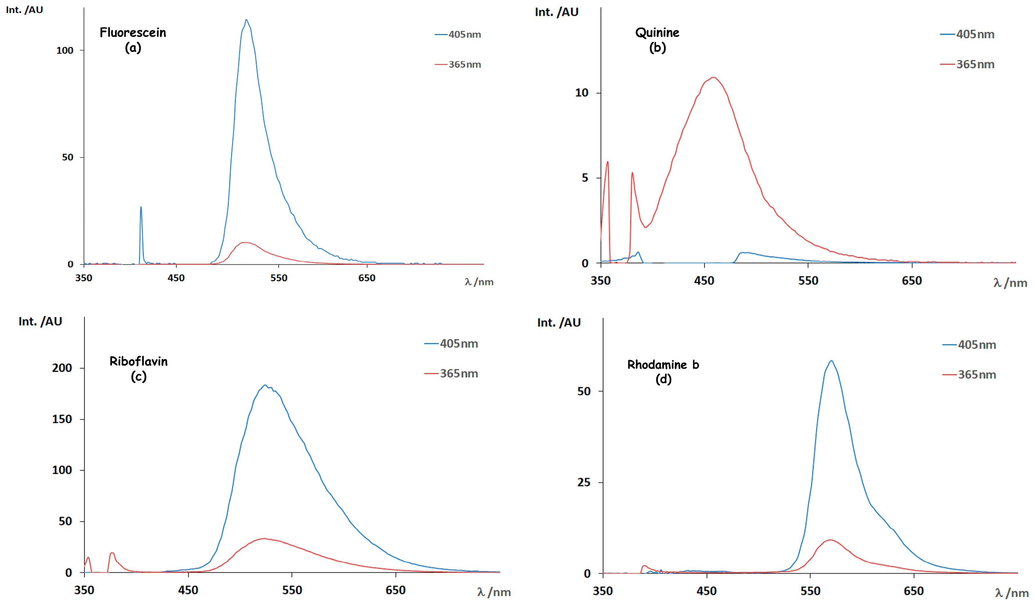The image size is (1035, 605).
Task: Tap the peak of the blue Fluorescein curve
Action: coord(246,20)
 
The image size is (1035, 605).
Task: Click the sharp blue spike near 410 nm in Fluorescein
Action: coord(141,207)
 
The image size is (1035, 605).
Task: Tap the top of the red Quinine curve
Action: coord(714,77)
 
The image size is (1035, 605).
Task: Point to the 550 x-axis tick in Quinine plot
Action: coord(808,281)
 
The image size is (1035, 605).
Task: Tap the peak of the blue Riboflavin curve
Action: coord(265,385)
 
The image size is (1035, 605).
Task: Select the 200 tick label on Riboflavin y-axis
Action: coord(62,368)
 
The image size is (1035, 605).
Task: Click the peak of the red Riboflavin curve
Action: coord(264,539)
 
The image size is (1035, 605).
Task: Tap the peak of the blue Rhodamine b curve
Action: coord(831,361)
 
